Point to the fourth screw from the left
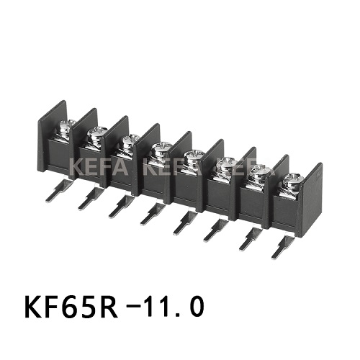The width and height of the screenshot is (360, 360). click(x=160, y=149)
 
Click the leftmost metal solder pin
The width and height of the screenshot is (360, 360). click(x=55, y=191)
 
